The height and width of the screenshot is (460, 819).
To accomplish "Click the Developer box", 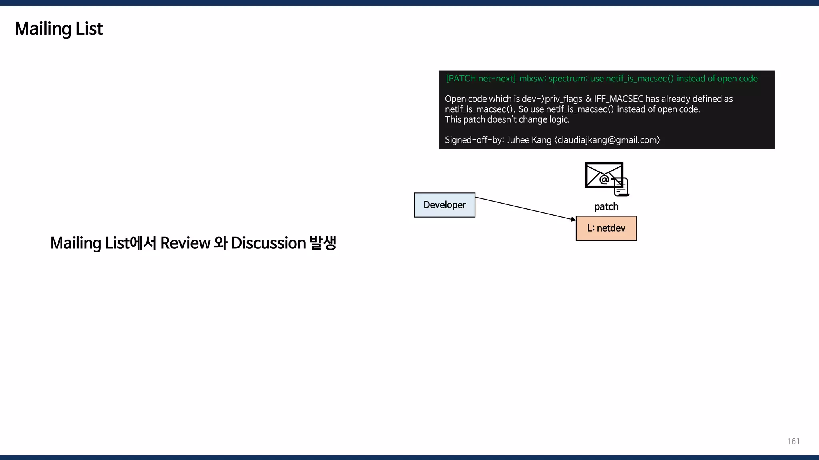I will pyautogui.click(x=445, y=205).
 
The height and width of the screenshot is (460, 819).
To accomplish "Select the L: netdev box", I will pyautogui.click(x=606, y=228).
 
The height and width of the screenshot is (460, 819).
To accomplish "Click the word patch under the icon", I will pyautogui.click(x=606, y=206).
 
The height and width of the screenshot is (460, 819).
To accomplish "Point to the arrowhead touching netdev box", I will pyautogui.click(x=573, y=219).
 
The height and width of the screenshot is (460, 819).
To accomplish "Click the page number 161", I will pyautogui.click(x=793, y=441).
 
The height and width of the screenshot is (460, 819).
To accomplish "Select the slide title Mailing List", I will pyautogui.click(x=59, y=29).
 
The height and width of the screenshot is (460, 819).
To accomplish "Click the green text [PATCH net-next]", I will pyautogui.click(x=481, y=79).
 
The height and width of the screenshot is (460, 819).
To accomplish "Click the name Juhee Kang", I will pyautogui.click(x=529, y=140).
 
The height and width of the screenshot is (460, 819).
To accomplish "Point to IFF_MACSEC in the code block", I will pyautogui.click(x=618, y=99).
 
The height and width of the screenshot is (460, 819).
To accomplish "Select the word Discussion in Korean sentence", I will pyautogui.click(x=268, y=243).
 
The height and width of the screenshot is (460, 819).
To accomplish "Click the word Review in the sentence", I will pyautogui.click(x=185, y=243).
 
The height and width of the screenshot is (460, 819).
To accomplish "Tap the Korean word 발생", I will pyautogui.click(x=323, y=243).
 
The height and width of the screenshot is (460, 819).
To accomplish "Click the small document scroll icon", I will pyautogui.click(x=621, y=187).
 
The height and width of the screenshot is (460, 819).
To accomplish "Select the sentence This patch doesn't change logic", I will pyautogui.click(x=507, y=120).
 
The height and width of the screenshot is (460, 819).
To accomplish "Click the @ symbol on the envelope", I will pyautogui.click(x=604, y=180).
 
